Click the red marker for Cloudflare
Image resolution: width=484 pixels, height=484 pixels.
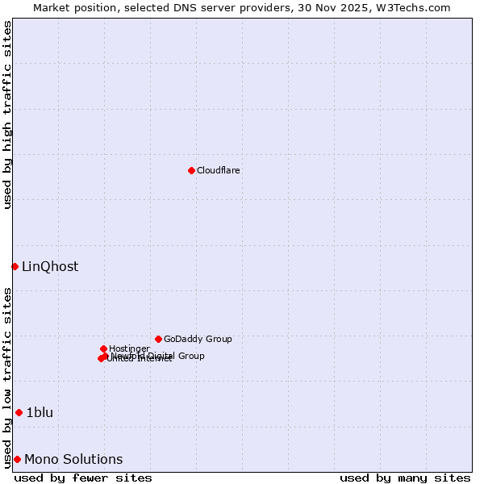[191, 170]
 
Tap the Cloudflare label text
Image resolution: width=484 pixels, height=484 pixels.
[218, 170]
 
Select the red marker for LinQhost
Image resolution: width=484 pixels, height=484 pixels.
[15, 266]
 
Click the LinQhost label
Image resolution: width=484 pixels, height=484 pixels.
[50, 267]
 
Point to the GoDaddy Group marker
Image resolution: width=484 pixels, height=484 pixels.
[158, 339]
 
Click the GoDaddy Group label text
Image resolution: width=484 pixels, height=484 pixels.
[198, 339]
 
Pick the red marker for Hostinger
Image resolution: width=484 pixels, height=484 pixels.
[103, 348]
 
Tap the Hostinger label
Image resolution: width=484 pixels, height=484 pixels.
[129, 348]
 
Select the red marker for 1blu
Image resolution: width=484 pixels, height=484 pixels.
[19, 412]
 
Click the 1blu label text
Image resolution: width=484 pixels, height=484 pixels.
[40, 413]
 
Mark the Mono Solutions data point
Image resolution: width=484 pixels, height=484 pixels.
[17, 459]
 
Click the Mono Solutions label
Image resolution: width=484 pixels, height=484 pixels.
[73, 460]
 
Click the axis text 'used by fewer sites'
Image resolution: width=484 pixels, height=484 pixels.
[83, 478]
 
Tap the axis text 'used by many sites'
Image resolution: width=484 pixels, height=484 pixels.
[405, 478]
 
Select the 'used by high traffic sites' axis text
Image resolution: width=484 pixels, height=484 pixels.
[8, 115]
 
